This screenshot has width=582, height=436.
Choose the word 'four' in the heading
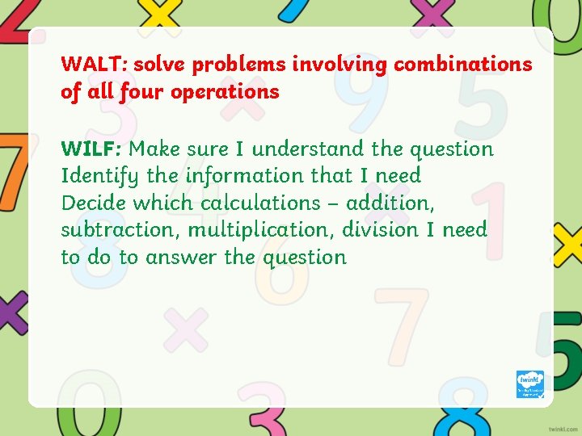point(143,92)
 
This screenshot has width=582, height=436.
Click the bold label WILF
point(91,149)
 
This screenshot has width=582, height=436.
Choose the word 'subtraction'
point(121,230)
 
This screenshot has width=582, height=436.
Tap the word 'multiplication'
point(260,230)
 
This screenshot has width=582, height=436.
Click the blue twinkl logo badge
point(529,384)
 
